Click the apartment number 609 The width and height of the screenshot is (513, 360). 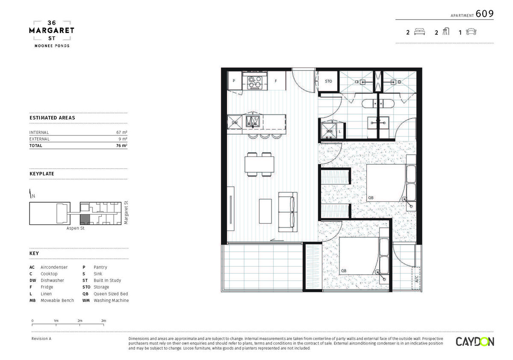click(485, 14)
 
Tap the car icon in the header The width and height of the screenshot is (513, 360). click(471, 32)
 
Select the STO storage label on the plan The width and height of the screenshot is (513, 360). click(328, 81)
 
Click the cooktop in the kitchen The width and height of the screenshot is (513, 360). click(255, 83)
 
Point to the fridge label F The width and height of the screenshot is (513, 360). click(276, 81)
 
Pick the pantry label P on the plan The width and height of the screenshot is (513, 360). click(234, 81)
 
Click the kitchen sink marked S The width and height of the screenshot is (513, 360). click(253, 121)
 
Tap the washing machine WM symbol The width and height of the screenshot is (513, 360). click(329, 131)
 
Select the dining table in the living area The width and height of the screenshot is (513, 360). click(259, 165)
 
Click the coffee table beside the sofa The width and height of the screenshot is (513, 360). click(265, 211)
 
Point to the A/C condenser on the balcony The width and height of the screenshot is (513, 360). click(416, 278)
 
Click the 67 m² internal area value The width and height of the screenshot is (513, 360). click(121, 133)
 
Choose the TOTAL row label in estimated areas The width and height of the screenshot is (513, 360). click(36, 146)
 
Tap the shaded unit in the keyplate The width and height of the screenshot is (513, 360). click(85, 220)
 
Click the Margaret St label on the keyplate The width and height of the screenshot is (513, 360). click(126, 213)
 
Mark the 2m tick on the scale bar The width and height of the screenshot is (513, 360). click(80, 324)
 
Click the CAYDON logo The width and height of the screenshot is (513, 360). click(475, 342)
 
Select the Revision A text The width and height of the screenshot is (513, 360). click(41, 339)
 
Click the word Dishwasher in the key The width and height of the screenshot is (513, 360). click(52, 280)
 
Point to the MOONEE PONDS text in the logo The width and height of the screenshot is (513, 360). click(52, 46)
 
